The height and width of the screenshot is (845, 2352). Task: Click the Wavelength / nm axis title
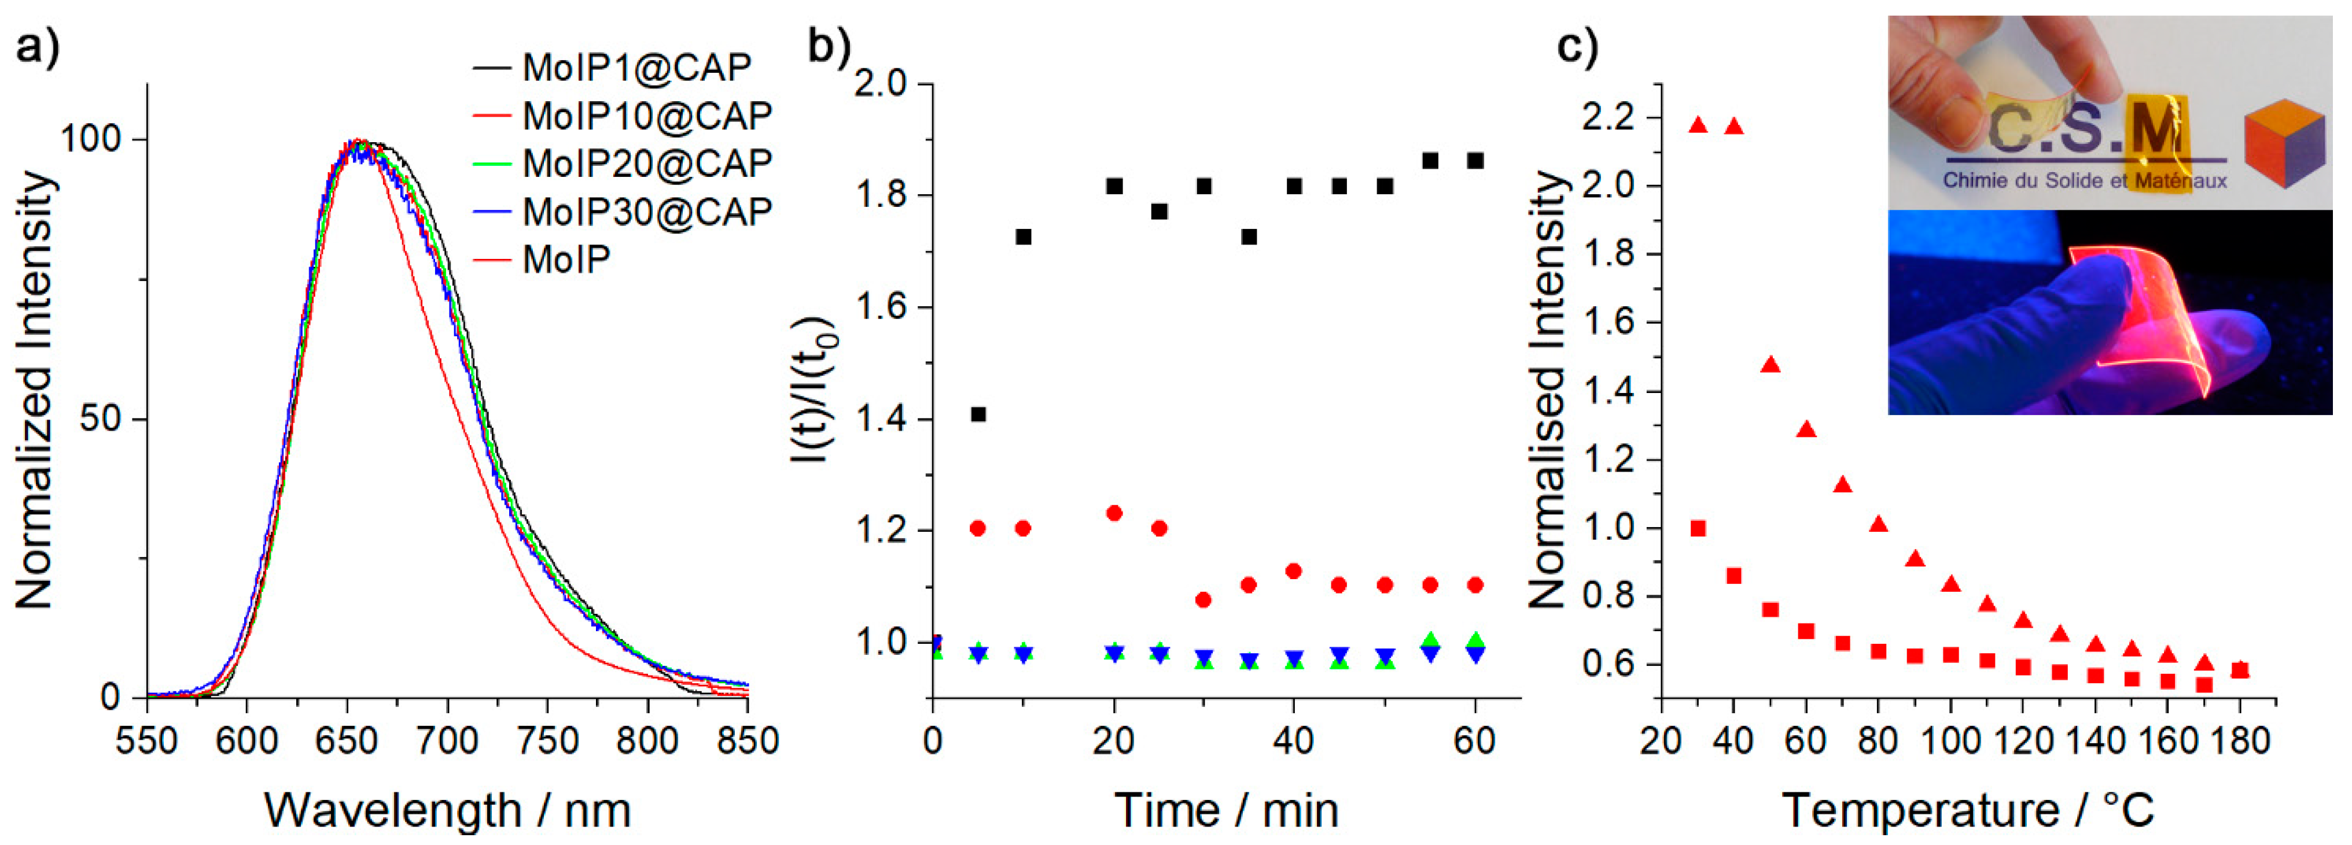tap(447, 809)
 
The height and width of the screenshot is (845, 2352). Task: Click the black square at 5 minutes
tap(978, 414)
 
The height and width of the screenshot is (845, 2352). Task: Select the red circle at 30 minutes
tap(1203, 599)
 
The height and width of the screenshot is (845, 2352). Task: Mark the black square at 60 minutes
tap(1475, 161)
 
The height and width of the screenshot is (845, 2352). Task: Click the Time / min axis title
tap(1225, 809)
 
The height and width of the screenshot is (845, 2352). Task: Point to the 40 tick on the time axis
tap(1293, 740)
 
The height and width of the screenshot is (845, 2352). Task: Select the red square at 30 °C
tap(1698, 528)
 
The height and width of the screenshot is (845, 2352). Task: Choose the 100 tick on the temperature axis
tap(1951, 740)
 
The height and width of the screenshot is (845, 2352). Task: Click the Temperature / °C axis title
tap(1968, 809)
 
